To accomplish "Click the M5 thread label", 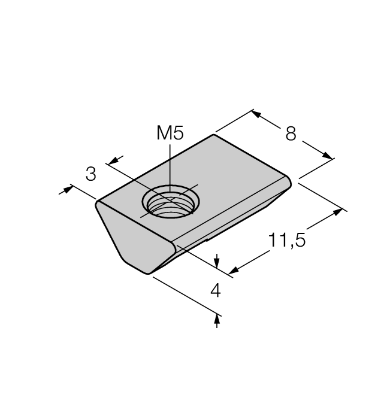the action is point(170,133).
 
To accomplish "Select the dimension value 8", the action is point(291,133).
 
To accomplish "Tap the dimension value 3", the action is point(90,174).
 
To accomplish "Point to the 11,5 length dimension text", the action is point(286,240).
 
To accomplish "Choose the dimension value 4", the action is point(215,290).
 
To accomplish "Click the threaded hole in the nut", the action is point(171,202).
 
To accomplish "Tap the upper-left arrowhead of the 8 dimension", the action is point(256,114).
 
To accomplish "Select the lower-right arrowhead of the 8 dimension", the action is point(327,156).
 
